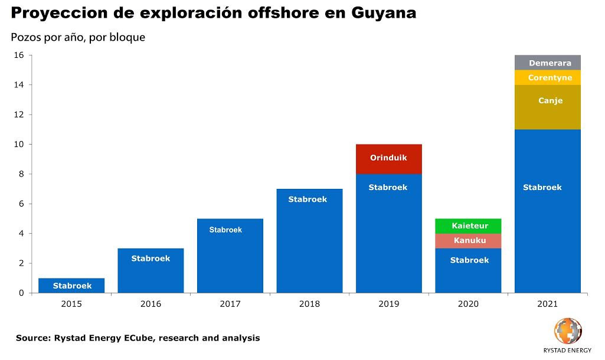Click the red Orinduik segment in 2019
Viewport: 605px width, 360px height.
click(388, 159)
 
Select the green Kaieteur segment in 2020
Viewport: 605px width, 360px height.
click(468, 226)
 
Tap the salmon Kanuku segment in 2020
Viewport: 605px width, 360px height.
click(468, 241)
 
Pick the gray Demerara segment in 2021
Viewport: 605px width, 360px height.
click(547, 63)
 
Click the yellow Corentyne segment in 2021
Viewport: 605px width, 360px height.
click(547, 77)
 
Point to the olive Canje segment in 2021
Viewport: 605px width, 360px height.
click(547, 107)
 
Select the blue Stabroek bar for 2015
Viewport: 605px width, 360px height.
click(71, 286)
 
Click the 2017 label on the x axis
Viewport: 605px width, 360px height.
click(230, 304)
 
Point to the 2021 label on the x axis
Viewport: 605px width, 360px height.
click(547, 304)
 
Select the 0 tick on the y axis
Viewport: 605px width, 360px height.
click(21, 293)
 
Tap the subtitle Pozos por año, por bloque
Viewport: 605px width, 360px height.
click(78, 37)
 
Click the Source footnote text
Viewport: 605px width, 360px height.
click(138, 338)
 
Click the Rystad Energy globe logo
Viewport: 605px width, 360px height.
click(567, 331)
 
